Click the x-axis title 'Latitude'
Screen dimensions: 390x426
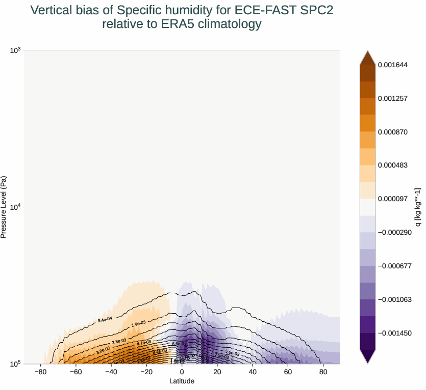pos(182,381)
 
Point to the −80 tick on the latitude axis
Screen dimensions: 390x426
pos(41,372)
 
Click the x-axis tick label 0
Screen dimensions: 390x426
pos(182,372)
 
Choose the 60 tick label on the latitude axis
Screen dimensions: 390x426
pos(288,372)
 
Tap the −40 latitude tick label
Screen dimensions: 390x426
pos(111,372)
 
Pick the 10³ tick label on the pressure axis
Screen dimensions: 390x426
pos(15,50)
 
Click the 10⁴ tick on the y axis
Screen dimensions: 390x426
pos(15,207)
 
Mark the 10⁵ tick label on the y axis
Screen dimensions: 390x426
pos(15,364)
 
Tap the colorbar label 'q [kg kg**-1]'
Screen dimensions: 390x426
pos(418,207)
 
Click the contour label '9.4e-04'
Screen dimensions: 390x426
pos(105,320)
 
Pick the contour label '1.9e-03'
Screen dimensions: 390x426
pos(138,324)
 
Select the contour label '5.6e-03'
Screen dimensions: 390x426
pos(232,352)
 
